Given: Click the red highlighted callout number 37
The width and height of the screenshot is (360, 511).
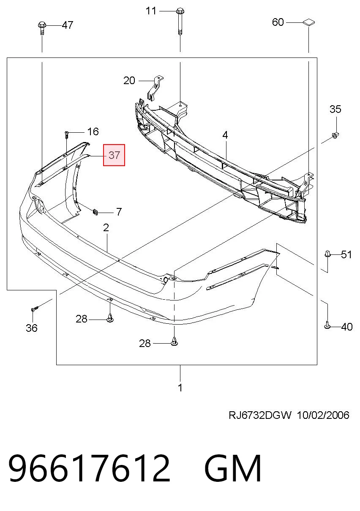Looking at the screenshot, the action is point(114,155).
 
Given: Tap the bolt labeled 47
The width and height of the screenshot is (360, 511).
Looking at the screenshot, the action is point(42,28).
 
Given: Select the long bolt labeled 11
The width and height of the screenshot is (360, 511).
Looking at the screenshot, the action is point(180,21).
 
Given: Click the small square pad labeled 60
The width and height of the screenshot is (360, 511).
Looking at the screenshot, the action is point(309,22).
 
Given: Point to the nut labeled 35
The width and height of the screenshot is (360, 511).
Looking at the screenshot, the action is point(335,136).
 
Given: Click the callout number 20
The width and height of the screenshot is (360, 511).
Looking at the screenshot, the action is point(129,81).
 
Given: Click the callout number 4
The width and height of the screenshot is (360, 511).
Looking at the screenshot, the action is point(225,135).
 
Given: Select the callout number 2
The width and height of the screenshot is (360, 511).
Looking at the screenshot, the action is point(106,227).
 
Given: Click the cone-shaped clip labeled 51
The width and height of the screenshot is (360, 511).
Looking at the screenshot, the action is point(327,254).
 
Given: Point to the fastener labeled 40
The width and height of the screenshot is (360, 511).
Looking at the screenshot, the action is point(327,325).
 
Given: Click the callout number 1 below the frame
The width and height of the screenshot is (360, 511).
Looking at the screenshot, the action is point(180,388).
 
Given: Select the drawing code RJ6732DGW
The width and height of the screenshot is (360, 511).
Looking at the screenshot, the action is point(260,415).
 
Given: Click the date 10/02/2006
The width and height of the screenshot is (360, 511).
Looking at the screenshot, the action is point(323,415).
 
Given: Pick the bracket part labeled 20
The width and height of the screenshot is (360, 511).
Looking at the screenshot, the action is point(155,88).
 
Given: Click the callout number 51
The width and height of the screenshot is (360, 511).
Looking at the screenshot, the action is point(346,254).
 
